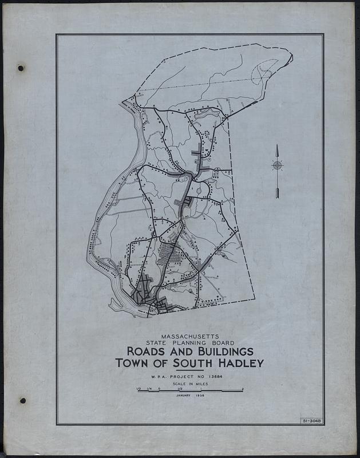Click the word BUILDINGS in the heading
tap(219, 351)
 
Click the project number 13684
tap(215, 376)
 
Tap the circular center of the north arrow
tap(277, 166)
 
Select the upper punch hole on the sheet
tap(21, 68)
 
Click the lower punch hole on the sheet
tap(22, 400)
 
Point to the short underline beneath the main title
tap(189, 370)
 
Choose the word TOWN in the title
tap(130, 363)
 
